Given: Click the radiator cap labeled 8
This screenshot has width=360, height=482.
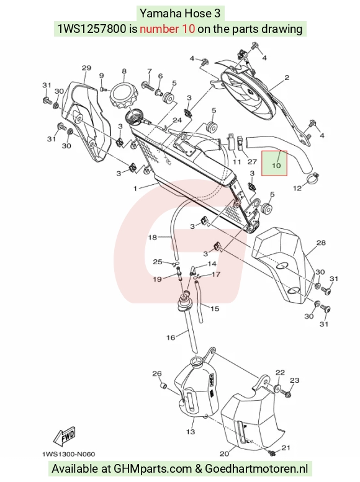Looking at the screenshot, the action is [123, 96].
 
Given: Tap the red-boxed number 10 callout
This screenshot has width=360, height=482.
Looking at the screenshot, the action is [276, 166].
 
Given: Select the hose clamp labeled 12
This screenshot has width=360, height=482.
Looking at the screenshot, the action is [312, 177].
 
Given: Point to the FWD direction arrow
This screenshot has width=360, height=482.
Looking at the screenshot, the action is [64, 435].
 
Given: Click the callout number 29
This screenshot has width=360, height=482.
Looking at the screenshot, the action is [86, 68].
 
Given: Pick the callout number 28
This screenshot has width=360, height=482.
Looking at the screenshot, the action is [321, 243].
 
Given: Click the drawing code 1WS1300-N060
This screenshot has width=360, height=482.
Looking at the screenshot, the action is [68, 454].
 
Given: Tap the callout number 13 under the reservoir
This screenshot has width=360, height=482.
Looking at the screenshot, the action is [191, 432].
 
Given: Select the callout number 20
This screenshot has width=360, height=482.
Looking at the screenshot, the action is [225, 453].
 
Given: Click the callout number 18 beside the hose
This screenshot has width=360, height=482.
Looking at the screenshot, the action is [152, 238].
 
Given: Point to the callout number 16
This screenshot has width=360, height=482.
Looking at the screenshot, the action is [171, 337].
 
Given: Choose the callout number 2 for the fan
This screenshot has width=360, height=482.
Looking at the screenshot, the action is [287, 78].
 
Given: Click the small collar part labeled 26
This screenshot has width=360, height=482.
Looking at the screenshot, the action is [164, 385].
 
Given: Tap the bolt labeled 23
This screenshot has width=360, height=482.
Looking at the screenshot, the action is [288, 393].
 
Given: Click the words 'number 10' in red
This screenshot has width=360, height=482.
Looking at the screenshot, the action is [167, 29].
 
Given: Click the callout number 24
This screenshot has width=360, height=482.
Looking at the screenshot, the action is [177, 120].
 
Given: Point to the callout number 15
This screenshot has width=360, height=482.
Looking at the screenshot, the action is [215, 308].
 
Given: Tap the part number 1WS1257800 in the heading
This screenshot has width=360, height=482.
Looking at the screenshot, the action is [92, 29].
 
